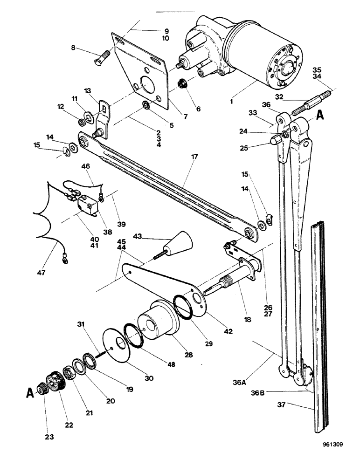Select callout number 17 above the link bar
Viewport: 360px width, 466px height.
pyautogui.click(x=194, y=158)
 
